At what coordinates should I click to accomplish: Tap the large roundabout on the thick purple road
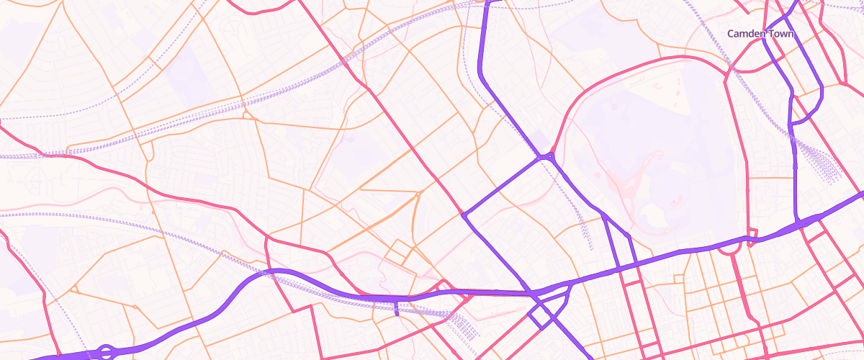point(106,352)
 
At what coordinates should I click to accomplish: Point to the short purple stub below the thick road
point(397,307)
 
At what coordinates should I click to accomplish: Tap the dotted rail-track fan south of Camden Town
point(824,166)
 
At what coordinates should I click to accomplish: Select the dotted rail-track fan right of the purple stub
point(464,328)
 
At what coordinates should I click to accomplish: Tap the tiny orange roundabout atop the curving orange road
point(418,194)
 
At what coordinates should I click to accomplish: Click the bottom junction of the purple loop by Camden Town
point(791,124)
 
